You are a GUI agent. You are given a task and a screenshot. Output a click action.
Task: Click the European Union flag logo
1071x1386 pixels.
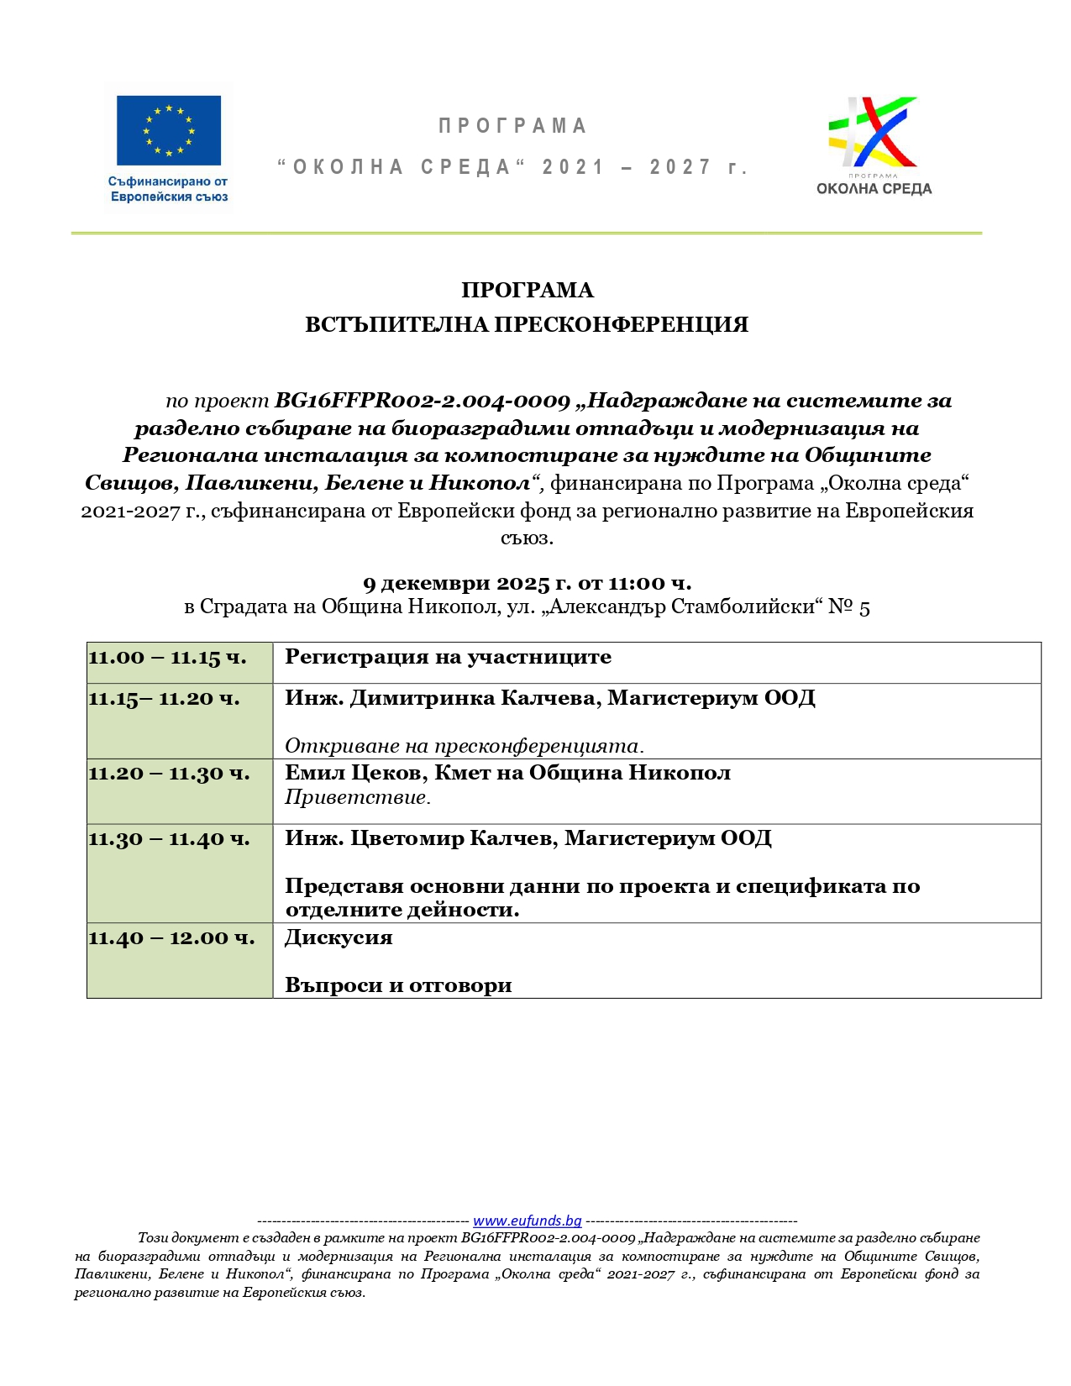[168, 130]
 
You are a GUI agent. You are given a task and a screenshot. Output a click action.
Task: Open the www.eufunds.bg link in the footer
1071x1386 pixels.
[527, 1221]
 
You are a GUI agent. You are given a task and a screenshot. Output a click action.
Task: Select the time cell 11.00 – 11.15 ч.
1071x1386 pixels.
[168, 658]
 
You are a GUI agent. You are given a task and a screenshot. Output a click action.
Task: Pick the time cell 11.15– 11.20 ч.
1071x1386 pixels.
[165, 699]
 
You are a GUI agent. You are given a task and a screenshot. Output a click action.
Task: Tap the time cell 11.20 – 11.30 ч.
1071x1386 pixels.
[170, 774]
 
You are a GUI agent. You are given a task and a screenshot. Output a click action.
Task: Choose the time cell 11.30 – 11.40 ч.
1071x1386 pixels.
[170, 839]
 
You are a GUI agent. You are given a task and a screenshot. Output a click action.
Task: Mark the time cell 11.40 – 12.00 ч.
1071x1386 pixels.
[171, 938]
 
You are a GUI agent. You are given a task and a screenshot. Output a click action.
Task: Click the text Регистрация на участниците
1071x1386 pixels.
[448, 657]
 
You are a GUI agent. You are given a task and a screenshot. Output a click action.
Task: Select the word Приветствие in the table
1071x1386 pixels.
[356, 797]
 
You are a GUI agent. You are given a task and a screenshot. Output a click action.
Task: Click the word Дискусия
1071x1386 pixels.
[339, 937]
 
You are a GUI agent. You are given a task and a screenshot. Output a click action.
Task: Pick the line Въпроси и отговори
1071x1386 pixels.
[398, 985]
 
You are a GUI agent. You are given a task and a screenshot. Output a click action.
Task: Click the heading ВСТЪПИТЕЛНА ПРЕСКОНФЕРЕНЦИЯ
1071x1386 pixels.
[527, 325]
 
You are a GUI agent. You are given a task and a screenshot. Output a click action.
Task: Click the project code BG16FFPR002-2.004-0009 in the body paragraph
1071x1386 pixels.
[423, 401]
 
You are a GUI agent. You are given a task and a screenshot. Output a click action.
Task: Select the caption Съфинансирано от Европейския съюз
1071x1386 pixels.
[169, 189]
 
